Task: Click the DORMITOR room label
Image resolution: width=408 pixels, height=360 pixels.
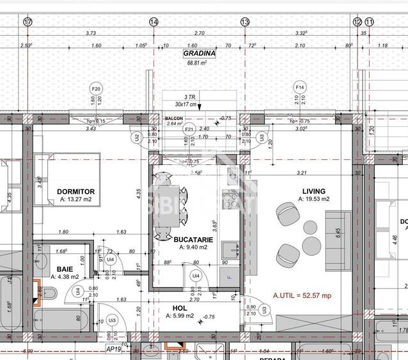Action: (x=76, y=191)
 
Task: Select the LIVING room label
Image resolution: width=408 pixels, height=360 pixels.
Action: (x=313, y=191)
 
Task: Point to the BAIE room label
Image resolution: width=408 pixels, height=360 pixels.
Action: (x=65, y=269)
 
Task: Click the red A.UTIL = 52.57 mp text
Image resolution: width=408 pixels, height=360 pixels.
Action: (x=302, y=295)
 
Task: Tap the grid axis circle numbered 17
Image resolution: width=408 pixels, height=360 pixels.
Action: (x=27, y=22)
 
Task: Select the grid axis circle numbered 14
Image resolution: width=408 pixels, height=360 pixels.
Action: (x=153, y=22)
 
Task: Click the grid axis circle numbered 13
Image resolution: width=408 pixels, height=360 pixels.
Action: (x=245, y=22)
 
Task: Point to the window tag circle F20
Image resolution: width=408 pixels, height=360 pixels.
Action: (x=96, y=88)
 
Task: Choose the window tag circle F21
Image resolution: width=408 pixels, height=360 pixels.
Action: (x=189, y=129)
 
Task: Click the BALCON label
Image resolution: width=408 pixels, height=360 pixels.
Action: (x=174, y=119)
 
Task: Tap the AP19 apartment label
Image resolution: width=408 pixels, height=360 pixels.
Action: (x=114, y=350)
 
